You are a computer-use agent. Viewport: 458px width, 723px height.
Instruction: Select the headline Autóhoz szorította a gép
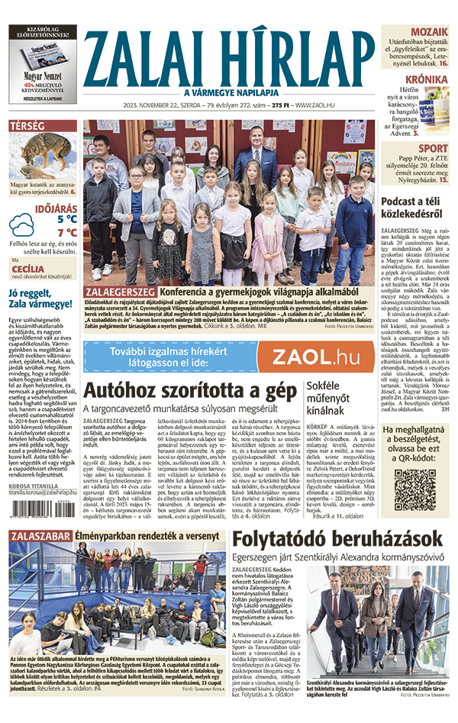pyautogui.click(x=190, y=392)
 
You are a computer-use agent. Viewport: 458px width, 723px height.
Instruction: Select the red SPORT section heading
pyautogui.click(x=433, y=148)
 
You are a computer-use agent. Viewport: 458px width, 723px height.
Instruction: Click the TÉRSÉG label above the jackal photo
pyautogui.click(x=27, y=126)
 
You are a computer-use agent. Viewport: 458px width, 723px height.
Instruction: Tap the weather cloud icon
pyautogui.click(x=22, y=227)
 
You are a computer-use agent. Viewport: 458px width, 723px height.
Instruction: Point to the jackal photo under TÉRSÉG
pyautogui.click(x=42, y=160)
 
